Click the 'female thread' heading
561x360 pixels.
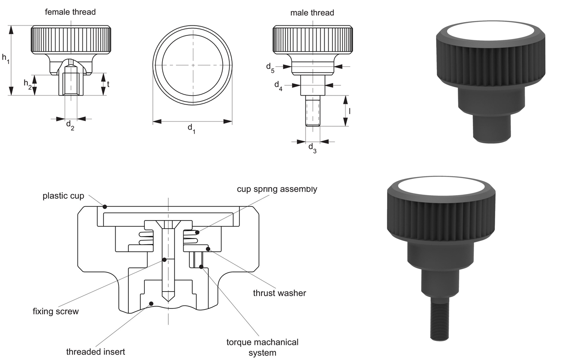coord(70,12)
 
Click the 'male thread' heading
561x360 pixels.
coord(312,13)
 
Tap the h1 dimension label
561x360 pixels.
coord(6,58)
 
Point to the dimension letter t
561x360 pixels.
coord(108,84)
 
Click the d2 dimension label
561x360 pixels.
coord(70,125)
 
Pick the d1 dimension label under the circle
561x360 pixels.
coord(191,129)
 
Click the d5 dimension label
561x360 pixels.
coord(270,67)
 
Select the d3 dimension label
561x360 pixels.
coord(312,148)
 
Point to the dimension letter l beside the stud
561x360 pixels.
coord(349,111)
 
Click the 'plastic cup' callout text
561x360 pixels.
coord(63,196)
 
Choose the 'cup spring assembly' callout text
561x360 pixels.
coord(277,189)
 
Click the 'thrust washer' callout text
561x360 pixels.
coord(279,293)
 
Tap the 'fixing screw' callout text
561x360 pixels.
coord(56,311)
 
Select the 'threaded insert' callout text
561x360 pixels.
coord(95,352)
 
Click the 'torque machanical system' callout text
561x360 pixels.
coord(262,347)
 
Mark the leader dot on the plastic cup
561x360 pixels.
coord(105,207)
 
